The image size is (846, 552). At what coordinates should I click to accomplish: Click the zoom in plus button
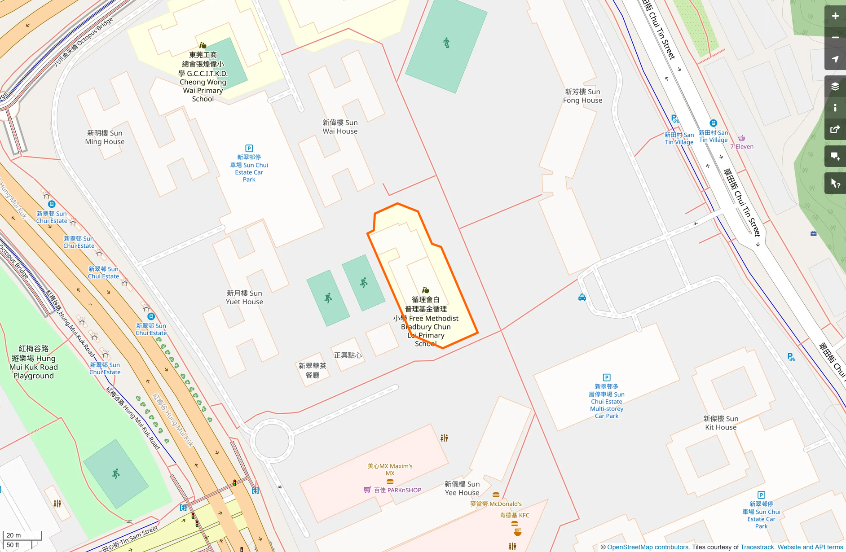pyautogui.click(x=835, y=16)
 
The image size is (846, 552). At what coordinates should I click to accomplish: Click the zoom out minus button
pyautogui.click(x=835, y=38)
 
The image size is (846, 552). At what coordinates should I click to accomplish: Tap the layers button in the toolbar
pyautogui.click(x=835, y=87)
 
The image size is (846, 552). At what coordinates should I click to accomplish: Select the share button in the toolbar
pyautogui.click(x=835, y=130)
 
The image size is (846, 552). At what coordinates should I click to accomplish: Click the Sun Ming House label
pyautogui.click(x=105, y=137)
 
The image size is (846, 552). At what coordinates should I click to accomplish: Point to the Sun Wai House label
pyautogui.click(x=340, y=127)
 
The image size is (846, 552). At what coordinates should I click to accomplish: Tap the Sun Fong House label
pyautogui.click(x=582, y=96)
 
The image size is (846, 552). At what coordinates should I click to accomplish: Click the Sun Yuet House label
pyautogui.click(x=244, y=297)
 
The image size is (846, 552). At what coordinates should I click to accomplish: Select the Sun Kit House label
pyautogui.click(x=720, y=423)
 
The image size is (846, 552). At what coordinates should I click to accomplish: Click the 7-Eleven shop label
pyautogui.click(x=742, y=146)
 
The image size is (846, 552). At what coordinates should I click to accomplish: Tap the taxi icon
pyautogui.click(x=582, y=298)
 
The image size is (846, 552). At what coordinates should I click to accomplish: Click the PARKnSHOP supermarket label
pyautogui.click(x=397, y=490)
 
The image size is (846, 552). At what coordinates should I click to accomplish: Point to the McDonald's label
pyautogui.click(x=496, y=504)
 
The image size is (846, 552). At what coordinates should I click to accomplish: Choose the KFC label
pyautogui.click(x=515, y=515)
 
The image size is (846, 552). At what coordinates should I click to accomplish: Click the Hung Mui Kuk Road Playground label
pyautogui.click(x=34, y=362)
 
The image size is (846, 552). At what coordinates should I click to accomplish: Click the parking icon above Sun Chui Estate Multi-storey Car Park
pyautogui.click(x=606, y=377)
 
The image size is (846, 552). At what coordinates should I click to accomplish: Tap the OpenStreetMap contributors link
pyautogui.click(x=648, y=547)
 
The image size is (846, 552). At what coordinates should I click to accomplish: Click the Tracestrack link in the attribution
pyautogui.click(x=757, y=547)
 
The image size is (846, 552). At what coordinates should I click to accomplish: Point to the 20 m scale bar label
pyautogui.click(x=14, y=535)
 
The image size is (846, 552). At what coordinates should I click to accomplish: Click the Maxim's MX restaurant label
pyautogui.click(x=390, y=469)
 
